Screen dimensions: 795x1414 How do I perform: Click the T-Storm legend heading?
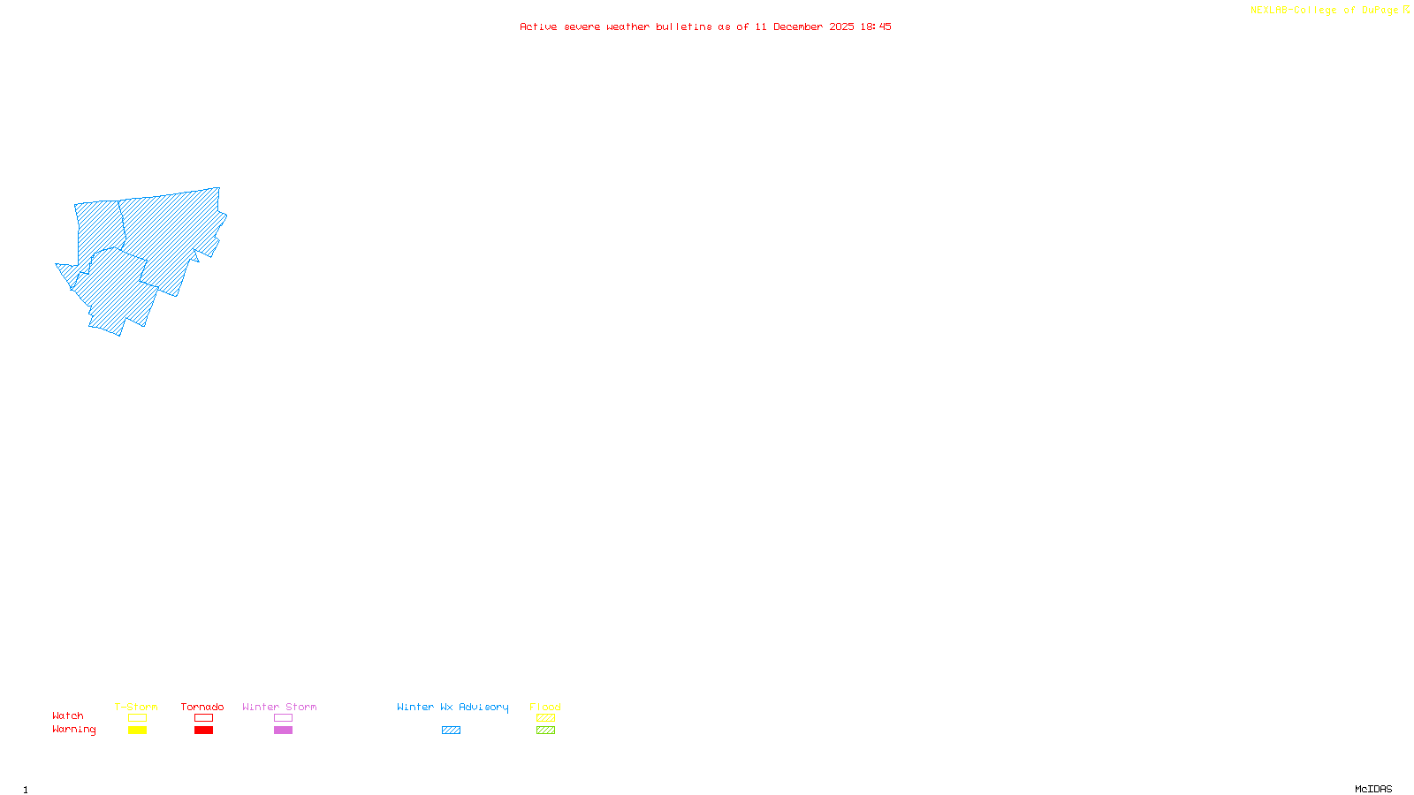[136, 707]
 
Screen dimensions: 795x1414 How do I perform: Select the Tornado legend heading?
[202, 707]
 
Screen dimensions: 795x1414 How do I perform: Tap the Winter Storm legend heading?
[279, 707]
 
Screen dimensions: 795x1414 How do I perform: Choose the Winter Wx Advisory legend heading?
[452, 707]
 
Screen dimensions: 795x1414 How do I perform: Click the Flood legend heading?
[545, 707]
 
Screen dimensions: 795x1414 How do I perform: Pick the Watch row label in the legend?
[68, 715]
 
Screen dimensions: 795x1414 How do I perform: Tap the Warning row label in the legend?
[74, 730]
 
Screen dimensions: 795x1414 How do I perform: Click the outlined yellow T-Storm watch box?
[137, 718]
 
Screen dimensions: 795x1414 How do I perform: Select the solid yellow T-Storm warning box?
[137, 731]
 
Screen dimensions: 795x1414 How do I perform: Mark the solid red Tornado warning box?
[203, 731]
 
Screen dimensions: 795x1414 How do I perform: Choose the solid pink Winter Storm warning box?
[283, 731]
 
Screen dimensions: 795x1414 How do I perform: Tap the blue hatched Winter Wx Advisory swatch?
[451, 731]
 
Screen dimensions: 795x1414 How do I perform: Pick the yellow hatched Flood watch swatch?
[545, 718]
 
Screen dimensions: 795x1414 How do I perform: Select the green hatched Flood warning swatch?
[545, 731]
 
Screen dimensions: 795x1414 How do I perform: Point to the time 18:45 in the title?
[876, 26]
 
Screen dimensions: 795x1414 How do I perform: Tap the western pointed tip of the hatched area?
[57, 264]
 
